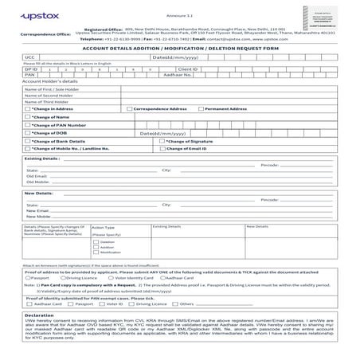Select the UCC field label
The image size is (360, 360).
(x=30, y=57)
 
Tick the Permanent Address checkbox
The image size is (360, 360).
(x=201, y=108)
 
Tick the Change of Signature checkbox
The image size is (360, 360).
(x=163, y=141)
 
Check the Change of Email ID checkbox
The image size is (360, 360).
(x=163, y=149)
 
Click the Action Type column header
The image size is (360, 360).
(x=104, y=227)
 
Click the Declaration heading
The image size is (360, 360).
(x=39, y=315)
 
